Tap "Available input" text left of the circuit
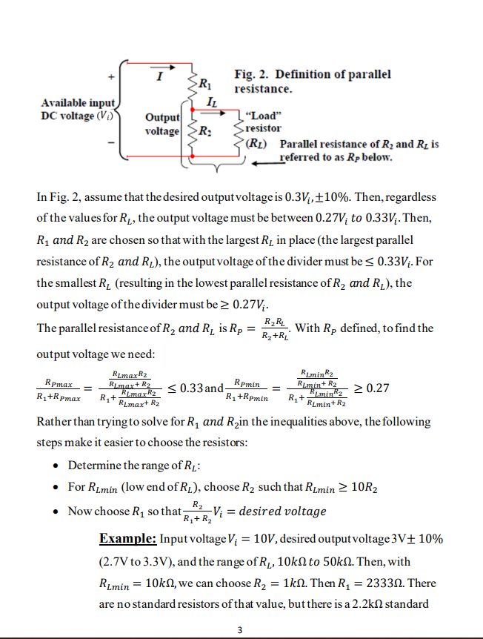click(78, 103)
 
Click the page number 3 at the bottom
click(240, 629)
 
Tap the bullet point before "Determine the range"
click(57, 466)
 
